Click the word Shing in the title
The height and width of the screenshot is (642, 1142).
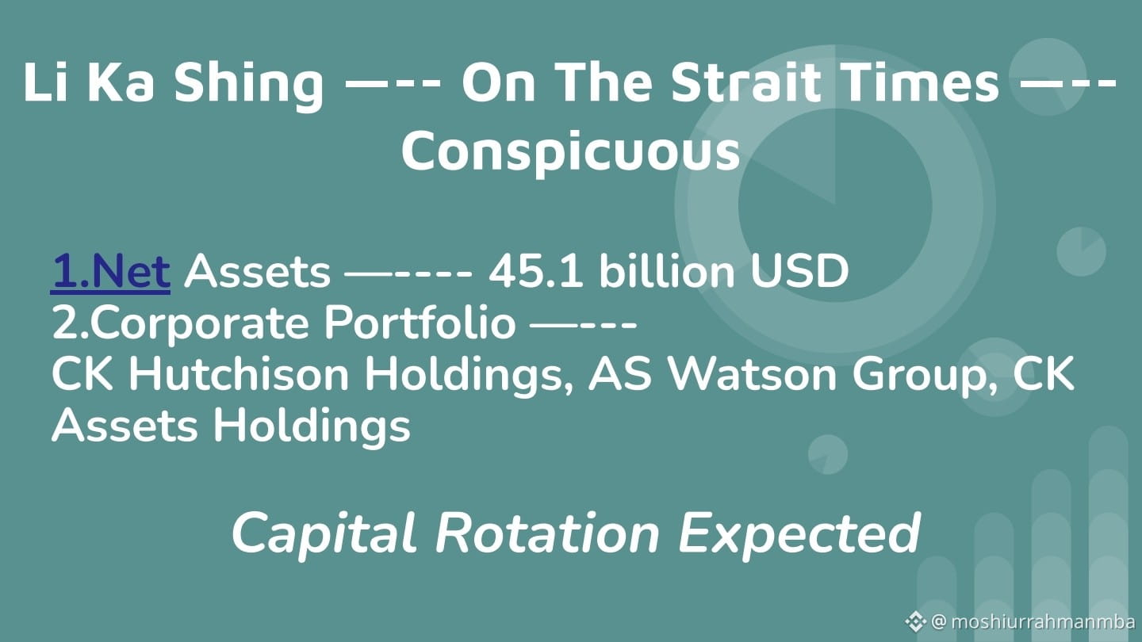tap(249, 84)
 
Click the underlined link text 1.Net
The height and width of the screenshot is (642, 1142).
tap(110, 272)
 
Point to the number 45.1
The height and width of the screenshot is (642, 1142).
tap(536, 272)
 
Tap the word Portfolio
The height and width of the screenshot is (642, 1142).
tap(420, 323)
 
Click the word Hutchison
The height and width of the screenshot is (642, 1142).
tap(239, 374)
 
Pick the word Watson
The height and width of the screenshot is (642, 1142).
tap(752, 374)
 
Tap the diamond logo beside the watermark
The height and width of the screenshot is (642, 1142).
tap(916, 621)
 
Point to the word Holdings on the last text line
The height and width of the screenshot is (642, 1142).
tap(312, 426)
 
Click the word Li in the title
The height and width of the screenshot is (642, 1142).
tap(46, 82)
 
